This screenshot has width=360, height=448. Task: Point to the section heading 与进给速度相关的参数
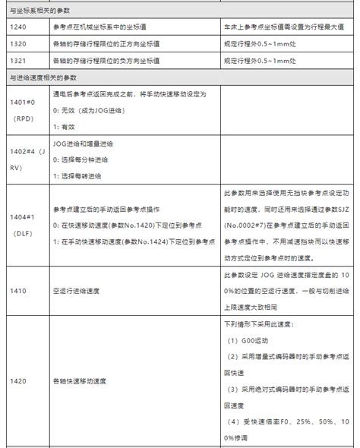coord(43,78)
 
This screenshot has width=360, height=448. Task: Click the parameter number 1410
coord(17,291)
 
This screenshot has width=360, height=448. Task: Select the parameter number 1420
coord(17,381)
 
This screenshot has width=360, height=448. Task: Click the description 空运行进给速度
coord(77,291)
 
